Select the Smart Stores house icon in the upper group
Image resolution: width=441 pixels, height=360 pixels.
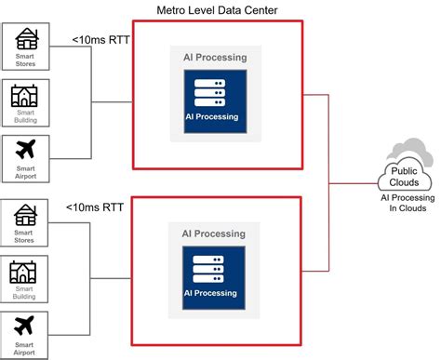tap(25, 39)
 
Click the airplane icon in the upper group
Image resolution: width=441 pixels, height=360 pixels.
tap(25, 149)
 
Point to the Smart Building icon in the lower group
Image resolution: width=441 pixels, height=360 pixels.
tap(25, 272)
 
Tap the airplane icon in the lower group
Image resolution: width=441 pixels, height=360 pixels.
tap(25, 327)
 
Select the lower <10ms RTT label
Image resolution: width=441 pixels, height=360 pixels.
tap(94, 208)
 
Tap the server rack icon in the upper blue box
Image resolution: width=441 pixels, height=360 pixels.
tap(209, 93)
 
